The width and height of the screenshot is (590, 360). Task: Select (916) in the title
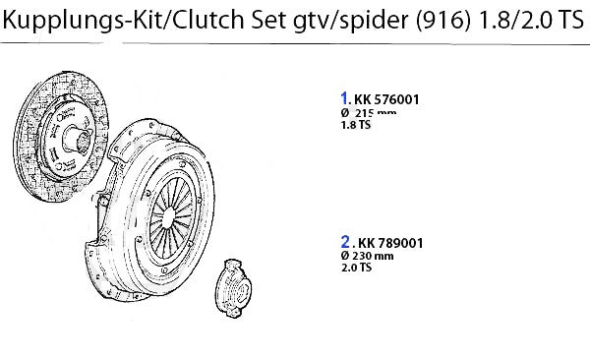(x=443, y=20)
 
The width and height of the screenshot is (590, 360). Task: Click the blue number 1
(x=344, y=98)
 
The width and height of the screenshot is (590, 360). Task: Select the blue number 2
(x=345, y=242)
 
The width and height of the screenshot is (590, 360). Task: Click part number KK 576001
(x=386, y=99)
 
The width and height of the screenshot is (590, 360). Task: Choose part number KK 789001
(x=390, y=243)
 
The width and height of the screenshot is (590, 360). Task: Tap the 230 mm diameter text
(x=373, y=256)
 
